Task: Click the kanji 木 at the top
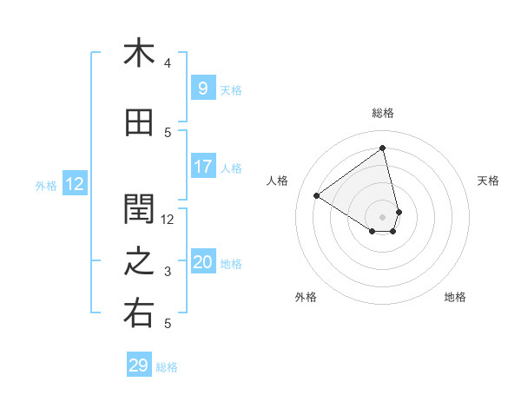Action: pyautogui.click(x=138, y=53)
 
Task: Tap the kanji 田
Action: pyautogui.click(x=138, y=123)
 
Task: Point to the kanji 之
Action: pyautogui.click(x=138, y=262)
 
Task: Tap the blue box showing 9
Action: pyautogui.click(x=202, y=89)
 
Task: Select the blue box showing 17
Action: pyautogui.click(x=202, y=167)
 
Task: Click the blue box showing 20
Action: pyautogui.click(x=202, y=262)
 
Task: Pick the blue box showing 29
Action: pyautogui.click(x=138, y=365)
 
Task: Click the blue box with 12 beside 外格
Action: pyautogui.click(x=74, y=184)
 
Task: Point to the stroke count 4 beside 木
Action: pyautogui.click(x=168, y=63)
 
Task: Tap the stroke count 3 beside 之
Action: pyautogui.click(x=168, y=272)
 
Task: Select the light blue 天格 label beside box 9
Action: pyautogui.click(x=231, y=89)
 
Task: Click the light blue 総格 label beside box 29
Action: pyautogui.click(x=167, y=367)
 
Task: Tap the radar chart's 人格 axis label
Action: pyautogui.click(x=278, y=181)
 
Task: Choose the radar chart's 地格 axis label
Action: pyautogui.click(x=455, y=297)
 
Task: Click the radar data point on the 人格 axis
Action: pyautogui.click(x=317, y=196)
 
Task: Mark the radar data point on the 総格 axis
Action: pyautogui.click(x=382, y=148)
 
